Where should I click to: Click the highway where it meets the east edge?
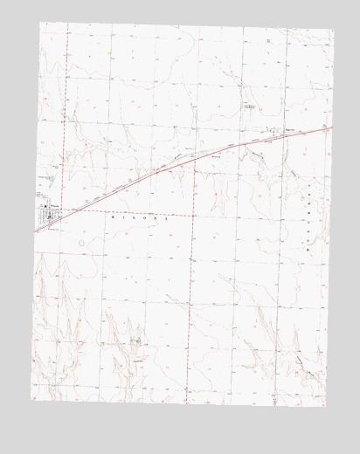point(332,127)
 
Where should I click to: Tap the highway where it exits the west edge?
point(36,232)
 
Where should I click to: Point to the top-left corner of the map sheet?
point(40,23)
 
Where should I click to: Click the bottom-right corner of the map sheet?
point(324,405)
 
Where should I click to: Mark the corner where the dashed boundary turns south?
point(192,213)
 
